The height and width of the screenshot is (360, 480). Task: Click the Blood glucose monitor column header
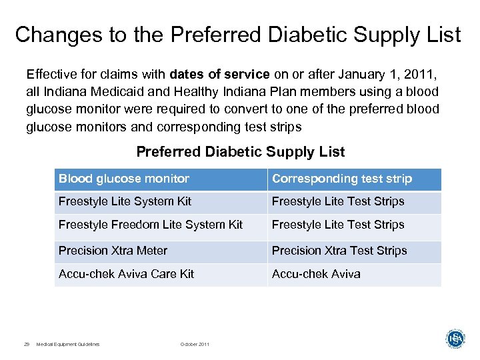pos(124,179)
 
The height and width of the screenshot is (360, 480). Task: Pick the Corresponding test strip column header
pos(342,179)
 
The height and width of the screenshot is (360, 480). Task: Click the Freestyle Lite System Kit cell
pos(125,201)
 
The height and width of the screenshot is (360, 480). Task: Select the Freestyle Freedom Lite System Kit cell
pos(151,225)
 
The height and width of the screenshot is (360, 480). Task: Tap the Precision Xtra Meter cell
pos(113,251)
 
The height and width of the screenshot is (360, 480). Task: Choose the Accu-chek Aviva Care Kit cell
pos(126,274)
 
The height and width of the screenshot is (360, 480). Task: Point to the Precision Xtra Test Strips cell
pos(339,251)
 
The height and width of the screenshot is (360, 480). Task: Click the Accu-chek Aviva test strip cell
pos(316,274)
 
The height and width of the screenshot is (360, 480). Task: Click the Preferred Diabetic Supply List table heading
pos(241,152)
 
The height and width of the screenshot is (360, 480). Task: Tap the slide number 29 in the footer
pos(27,344)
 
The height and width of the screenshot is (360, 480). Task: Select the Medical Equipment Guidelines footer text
pos(68,344)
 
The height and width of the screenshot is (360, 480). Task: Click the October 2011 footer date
pos(195,344)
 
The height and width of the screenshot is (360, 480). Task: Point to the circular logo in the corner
pos(455,339)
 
